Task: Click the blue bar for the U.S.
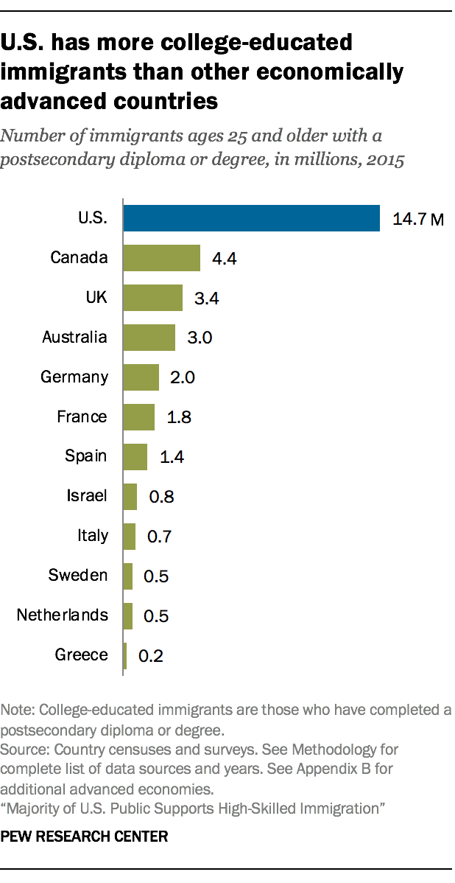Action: [x=251, y=218]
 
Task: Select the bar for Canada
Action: [x=161, y=258]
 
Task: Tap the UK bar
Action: [x=152, y=298]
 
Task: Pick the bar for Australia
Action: [x=149, y=338]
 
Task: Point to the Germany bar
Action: [x=141, y=377]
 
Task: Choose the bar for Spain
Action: [x=135, y=456]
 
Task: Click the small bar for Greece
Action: [x=124, y=655]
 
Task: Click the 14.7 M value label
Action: [x=418, y=220]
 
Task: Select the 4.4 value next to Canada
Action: [x=224, y=259]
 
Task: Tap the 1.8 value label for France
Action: [x=180, y=417]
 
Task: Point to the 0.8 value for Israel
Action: [x=161, y=497]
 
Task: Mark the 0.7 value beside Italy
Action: [x=160, y=537]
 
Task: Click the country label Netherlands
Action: [x=62, y=615]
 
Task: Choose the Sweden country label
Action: [x=78, y=575]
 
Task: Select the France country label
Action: [x=82, y=416]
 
